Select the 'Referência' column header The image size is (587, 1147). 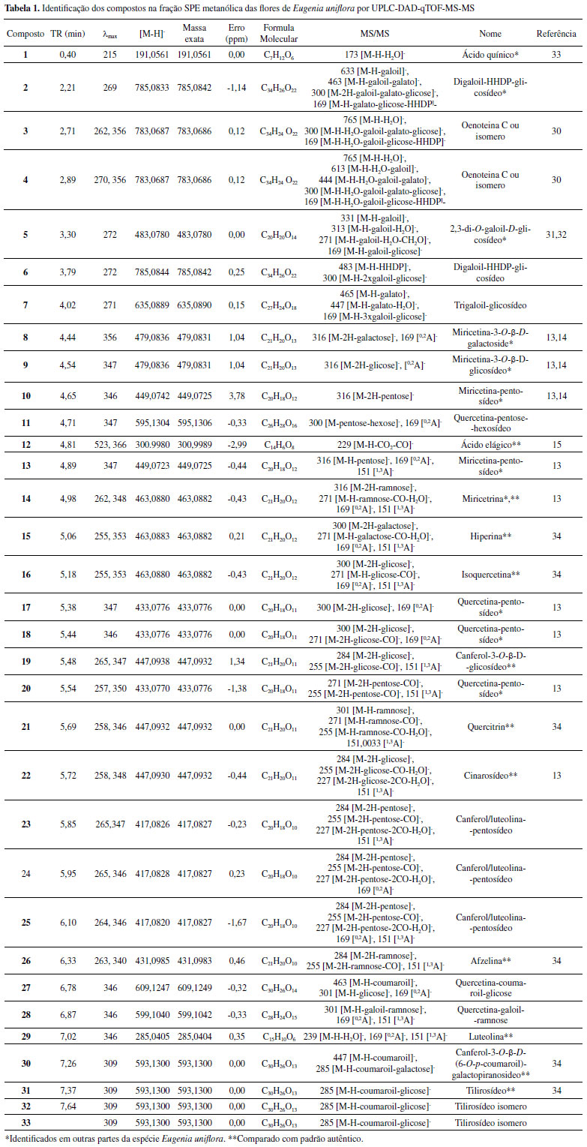pyautogui.click(x=556, y=34)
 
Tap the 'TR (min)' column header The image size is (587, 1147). pyautogui.click(x=66, y=34)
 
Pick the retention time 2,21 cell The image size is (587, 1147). pyautogui.click(x=66, y=88)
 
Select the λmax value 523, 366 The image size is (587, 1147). pyautogui.click(x=110, y=445)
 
